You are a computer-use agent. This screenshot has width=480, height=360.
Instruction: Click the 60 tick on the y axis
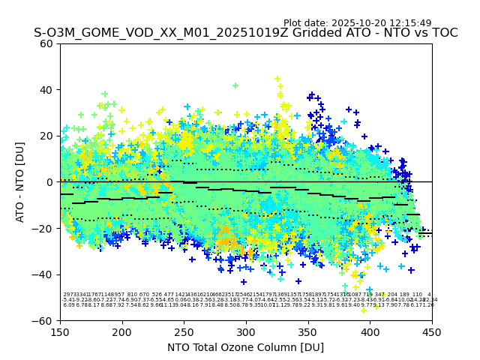point(46,43)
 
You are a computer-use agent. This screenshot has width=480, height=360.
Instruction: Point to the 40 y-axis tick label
point(46,90)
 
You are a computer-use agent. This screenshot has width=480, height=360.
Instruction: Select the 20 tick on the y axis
point(46,136)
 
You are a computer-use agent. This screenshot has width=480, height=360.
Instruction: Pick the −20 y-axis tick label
point(43,228)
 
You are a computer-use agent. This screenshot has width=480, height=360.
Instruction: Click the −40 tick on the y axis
point(43,274)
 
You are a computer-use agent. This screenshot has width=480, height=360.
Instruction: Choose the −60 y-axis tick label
point(43,320)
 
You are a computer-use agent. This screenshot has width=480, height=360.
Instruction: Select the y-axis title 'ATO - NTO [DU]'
point(20,182)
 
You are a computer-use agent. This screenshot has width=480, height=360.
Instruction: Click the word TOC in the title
point(443,33)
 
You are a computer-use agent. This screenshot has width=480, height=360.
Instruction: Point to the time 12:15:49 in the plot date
point(410,23)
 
